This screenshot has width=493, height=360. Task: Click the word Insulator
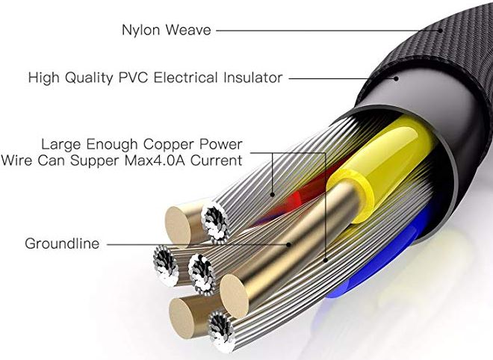(x=250, y=77)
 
